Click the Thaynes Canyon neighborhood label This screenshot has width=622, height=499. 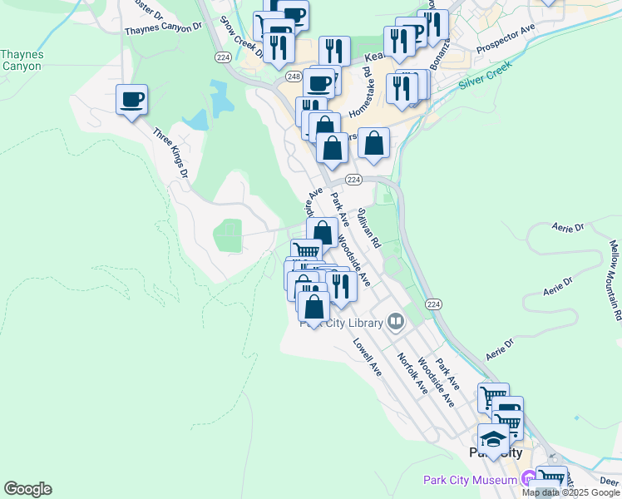pyautogui.click(x=22, y=61)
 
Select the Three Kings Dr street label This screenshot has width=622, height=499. pyautogui.click(x=170, y=151)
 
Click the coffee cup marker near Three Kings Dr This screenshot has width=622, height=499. pyautogui.click(x=132, y=100)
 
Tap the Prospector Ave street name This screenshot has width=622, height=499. pyautogui.click(x=505, y=40)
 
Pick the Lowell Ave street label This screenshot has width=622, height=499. pyautogui.click(x=365, y=357)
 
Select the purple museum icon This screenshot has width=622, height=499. pyautogui.click(x=528, y=480)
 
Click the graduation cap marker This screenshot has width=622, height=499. pyautogui.click(x=493, y=438)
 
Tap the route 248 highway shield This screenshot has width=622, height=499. pyautogui.click(x=294, y=77)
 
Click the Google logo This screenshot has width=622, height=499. pyautogui.click(x=27, y=489)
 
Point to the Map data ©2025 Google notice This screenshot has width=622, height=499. pyautogui.click(x=570, y=492)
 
